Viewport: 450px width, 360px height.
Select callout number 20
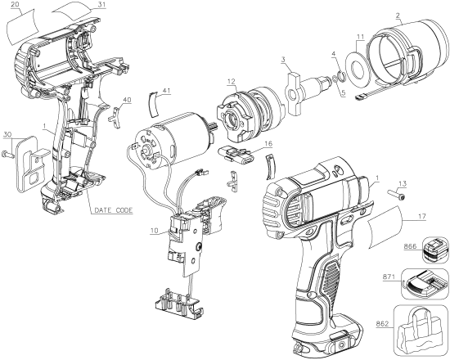tap(16, 6)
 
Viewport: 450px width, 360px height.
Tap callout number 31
tap(101, 6)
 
